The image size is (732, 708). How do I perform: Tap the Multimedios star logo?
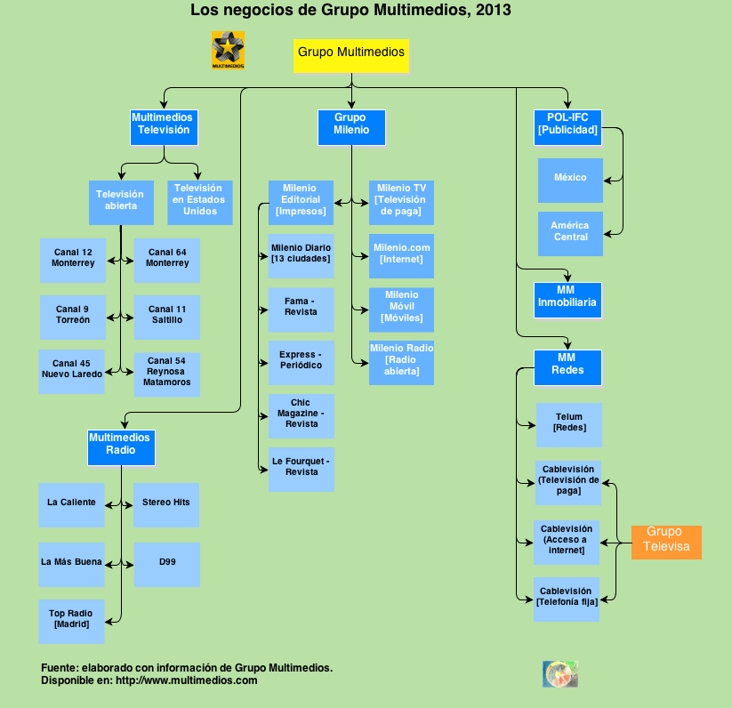pos(228,50)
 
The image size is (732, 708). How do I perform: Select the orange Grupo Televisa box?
pos(666,541)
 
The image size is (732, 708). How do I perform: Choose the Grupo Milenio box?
pos(351,126)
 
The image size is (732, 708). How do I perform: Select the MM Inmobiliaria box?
pos(567,299)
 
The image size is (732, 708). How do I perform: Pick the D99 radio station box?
pos(166,564)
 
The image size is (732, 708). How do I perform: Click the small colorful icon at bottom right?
pos(560,673)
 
